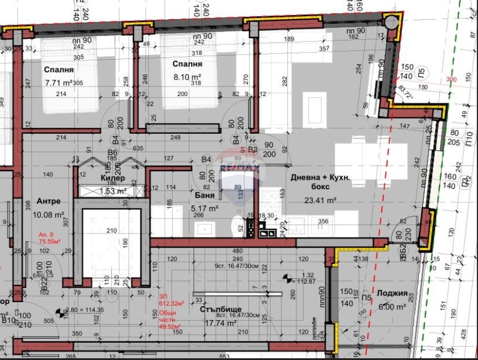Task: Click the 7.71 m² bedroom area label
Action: pyautogui.click(x=59, y=83)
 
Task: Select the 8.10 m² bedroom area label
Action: pyautogui.click(x=187, y=77)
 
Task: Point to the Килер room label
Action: pyautogui.click(x=112, y=178)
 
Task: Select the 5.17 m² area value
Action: pyautogui.click(x=204, y=208)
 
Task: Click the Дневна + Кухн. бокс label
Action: pyautogui.click(x=319, y=183)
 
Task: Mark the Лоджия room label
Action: pyautogui.click(x=393, y=294)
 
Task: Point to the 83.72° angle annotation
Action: pyautogui.click(x=404, y=93)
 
